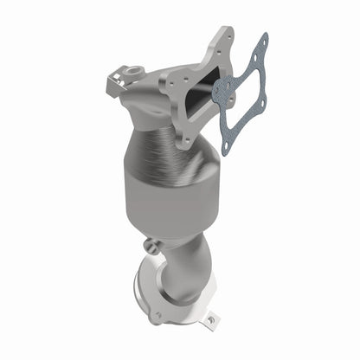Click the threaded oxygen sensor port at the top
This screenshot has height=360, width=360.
coord(134,68)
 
